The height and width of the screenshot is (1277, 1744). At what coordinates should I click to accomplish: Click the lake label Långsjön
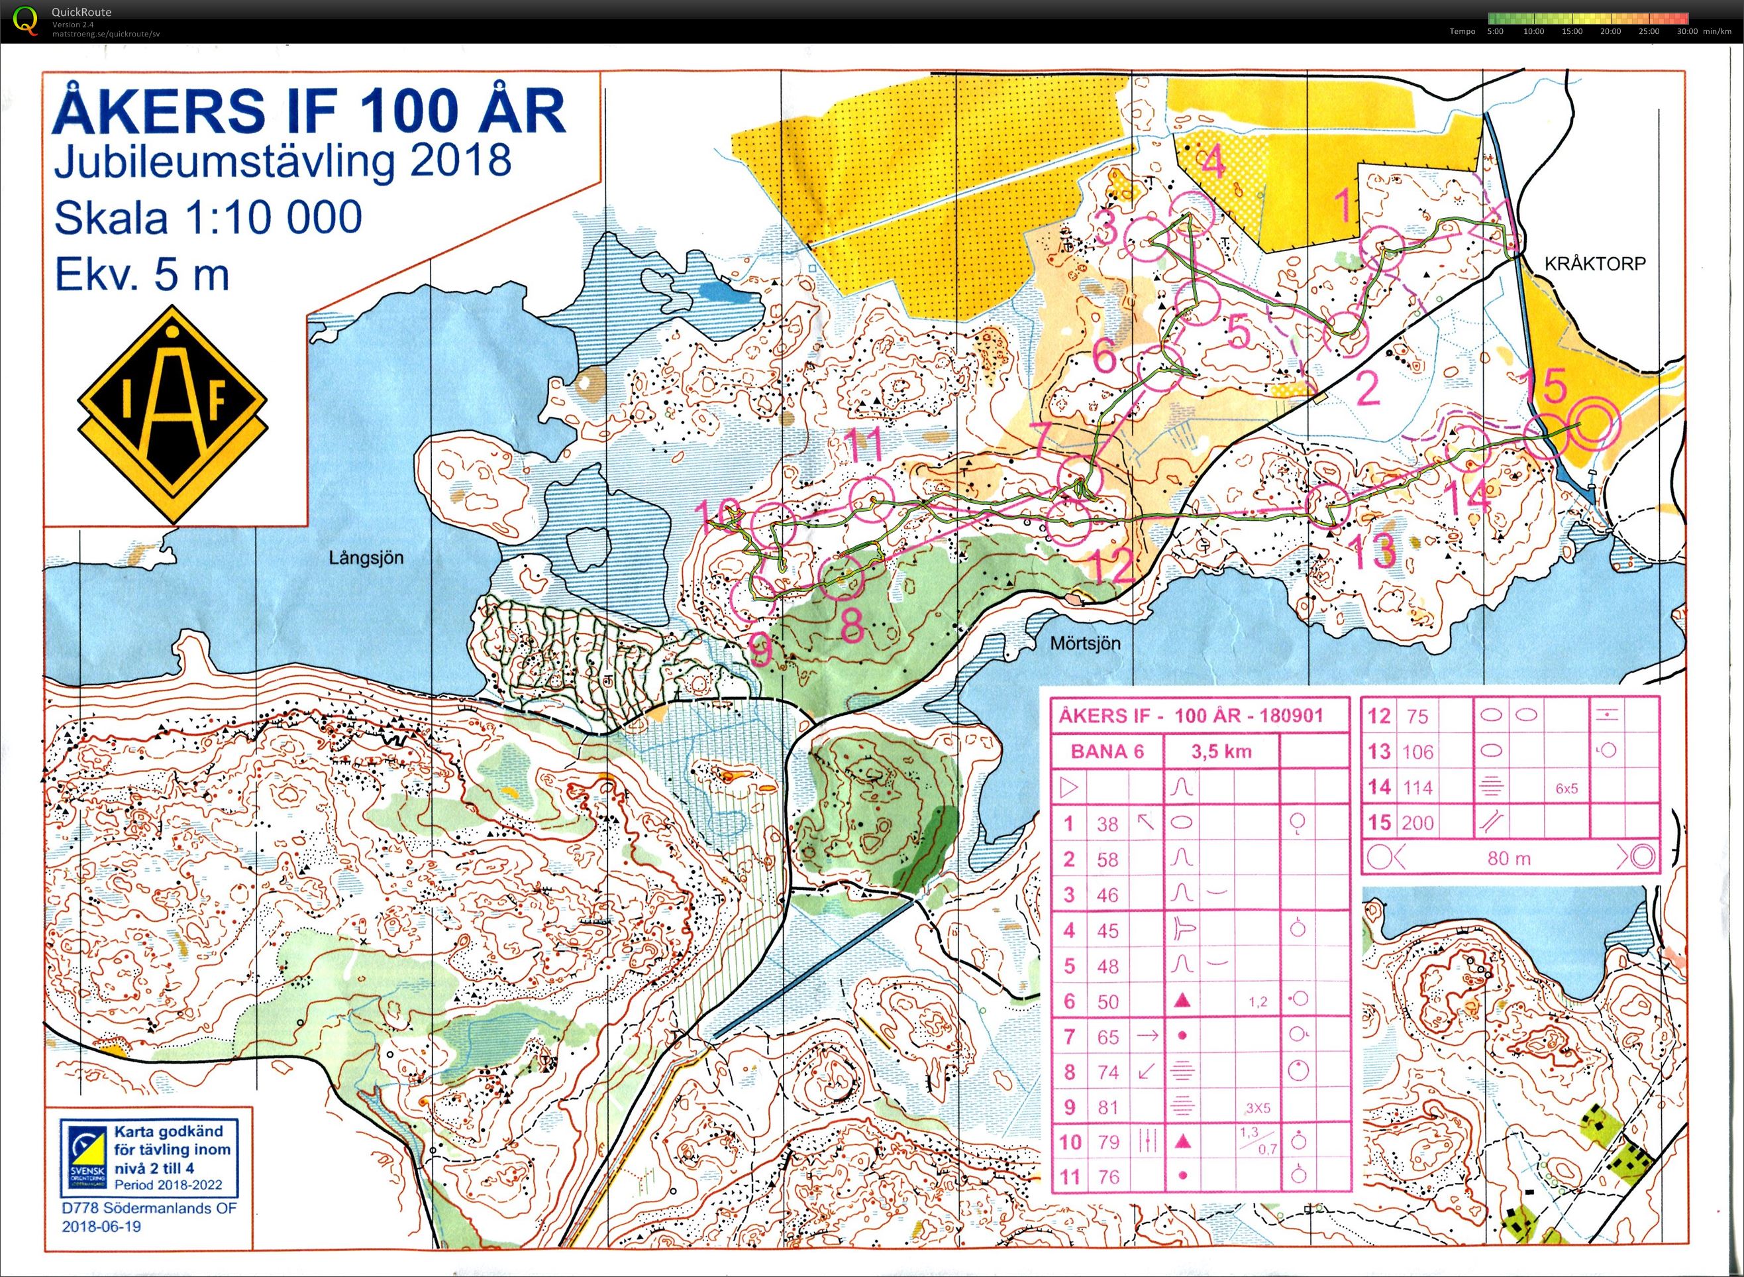(366, 558)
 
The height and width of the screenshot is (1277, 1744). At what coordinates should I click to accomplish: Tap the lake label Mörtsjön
(1085, 643)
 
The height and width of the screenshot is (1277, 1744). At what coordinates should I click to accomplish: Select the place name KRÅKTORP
(1595, 264)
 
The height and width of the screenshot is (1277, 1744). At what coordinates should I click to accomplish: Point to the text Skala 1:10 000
(208, 217)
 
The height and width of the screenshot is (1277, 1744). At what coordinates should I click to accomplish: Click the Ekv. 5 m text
(142, 275)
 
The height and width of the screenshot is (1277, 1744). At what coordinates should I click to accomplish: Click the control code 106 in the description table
(1417, 751)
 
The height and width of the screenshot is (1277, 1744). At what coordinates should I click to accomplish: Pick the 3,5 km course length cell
(1221, 751)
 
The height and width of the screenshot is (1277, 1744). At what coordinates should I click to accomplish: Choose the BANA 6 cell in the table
(1107, 751)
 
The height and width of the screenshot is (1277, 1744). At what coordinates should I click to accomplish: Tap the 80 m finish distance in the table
(1508, 858)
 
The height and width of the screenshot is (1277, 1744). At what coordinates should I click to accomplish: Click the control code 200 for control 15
(1417, 822)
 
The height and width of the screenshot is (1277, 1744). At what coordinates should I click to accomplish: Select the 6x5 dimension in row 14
(1566, 789)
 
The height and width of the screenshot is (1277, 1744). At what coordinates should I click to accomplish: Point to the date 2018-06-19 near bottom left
(101, 1227)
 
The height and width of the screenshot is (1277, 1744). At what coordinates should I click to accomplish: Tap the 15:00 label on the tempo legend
(1572, 32)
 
